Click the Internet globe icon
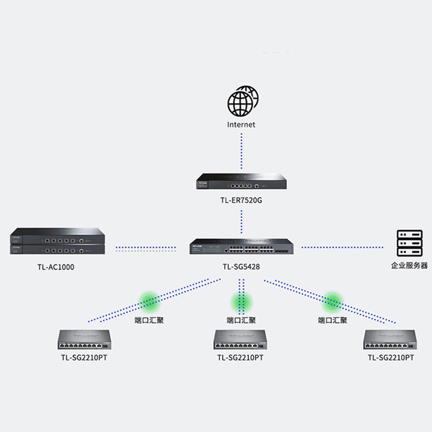tap(242, 103)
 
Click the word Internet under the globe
tap(242, 125)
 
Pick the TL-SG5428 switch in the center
tap(242, 246)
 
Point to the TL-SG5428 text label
tap(242, 267)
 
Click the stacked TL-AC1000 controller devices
tap(57, 244)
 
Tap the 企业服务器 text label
tap(409, 265)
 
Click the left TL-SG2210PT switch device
tap(84, 339)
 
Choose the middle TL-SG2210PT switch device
tap(241, 339)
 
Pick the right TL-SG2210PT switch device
tap(390, 339)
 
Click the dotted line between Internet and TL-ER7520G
tap(242, 152)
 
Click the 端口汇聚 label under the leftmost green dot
tap(149, 320)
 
